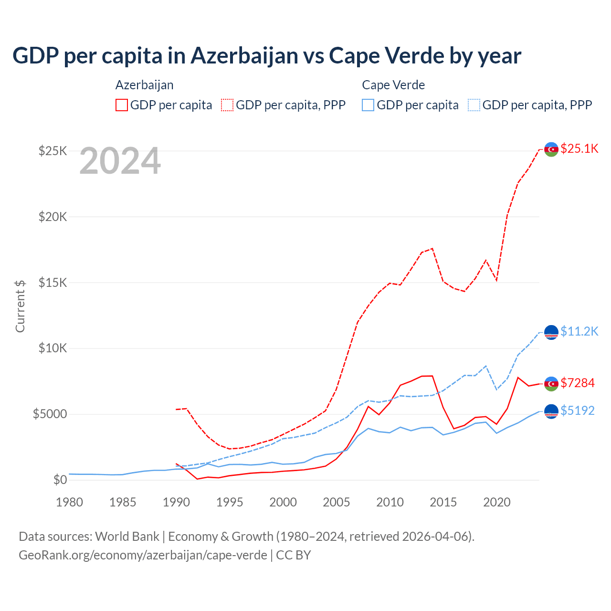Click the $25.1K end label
coord(579,148)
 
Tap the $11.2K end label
coord(579,331)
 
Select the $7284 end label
coord(578,383)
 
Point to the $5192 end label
coord(578,411)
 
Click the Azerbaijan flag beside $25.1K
coord(551,149)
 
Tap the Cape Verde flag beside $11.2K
coord(551,332)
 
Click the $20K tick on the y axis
coord(53,217)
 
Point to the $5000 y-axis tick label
coord(50,414)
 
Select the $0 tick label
coord(60,480)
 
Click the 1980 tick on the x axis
coord(70,502)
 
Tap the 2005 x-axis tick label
coord(337,502)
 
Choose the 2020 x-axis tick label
coord(497,502)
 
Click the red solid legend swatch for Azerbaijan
coord(122,105)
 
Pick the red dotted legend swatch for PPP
coord(227,105)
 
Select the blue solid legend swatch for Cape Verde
coord(368,105)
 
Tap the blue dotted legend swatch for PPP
coord(474,105)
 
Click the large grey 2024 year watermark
coord(120,161)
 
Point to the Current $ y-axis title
coord(20,305)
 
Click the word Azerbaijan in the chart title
coord(244,55)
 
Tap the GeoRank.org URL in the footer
coord(143,555)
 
